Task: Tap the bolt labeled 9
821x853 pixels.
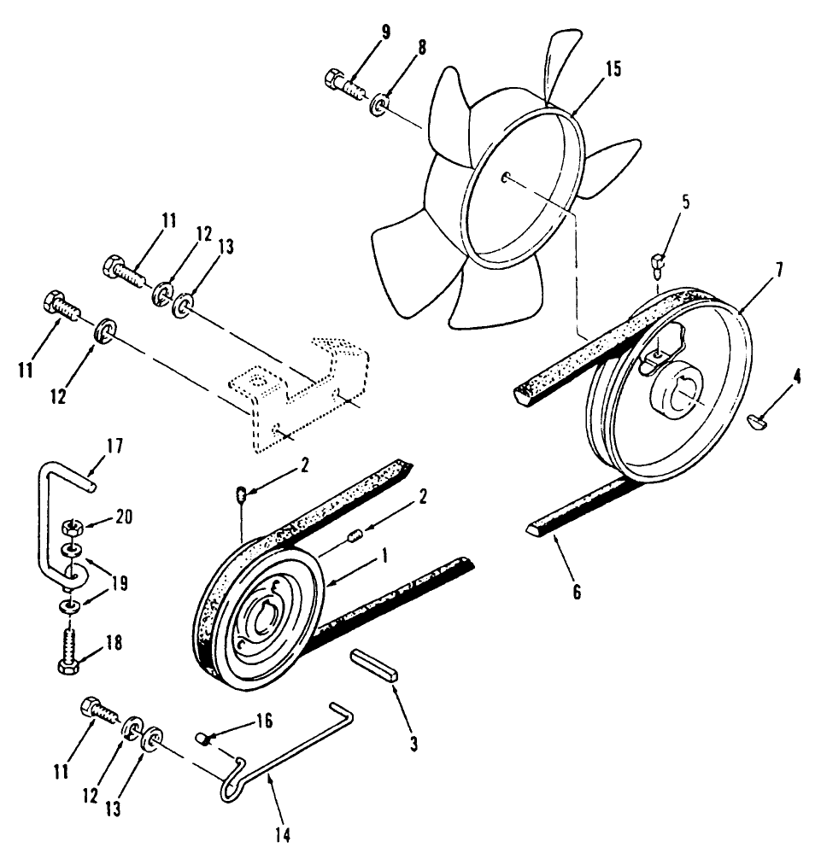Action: coord(343,84)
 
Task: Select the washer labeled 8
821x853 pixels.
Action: coord(379,107)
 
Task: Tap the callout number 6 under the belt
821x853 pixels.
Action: coord(577,590)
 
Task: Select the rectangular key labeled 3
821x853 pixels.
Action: coord(373,664)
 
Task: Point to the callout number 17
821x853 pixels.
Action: coord(115,445)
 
